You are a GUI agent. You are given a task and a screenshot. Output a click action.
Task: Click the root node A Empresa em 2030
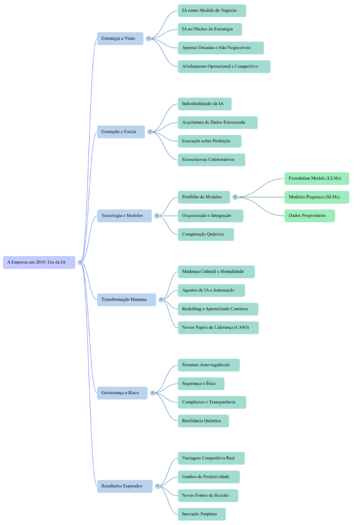click(x=39, y=262)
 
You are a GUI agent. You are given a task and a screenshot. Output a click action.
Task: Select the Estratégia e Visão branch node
click(x=120, y=38)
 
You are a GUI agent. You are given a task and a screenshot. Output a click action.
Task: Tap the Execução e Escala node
click(x=121, y=132)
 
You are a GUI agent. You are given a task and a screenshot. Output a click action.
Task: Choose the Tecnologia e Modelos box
click(x=125, y=215)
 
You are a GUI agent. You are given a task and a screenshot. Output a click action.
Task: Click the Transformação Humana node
click(x=126, y=299)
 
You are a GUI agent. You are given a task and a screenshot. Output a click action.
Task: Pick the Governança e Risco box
click(x=122, y=393)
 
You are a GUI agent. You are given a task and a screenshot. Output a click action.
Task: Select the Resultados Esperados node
click(x=125, y=486)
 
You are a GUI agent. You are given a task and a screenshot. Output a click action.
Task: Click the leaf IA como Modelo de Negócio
click(x=212, y=11)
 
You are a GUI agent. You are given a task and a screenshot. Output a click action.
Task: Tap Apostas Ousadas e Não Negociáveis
click(x=221, y=48)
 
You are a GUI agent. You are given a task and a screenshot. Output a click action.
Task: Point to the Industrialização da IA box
click(x=204, y=104)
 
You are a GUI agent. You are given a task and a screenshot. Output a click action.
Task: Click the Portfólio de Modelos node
click(x=204, y=197)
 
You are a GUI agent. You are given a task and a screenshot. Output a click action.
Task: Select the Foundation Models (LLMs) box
click(x=316, y=178)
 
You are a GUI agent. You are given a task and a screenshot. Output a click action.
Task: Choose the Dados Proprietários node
click(x=309, y=216)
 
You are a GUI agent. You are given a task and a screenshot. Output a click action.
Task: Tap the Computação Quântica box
click(x=206, y=234)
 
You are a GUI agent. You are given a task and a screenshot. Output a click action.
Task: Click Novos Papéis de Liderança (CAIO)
click(x=218, y=328)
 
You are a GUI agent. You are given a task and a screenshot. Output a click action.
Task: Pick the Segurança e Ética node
click(x=201, y=383)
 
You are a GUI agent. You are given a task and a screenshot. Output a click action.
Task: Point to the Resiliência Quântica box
click(x=203, y=421)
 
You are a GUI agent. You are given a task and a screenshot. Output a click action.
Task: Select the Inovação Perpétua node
click(x=202, y=514)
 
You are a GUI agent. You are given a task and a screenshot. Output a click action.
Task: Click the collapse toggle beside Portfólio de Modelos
click(x=235, y=197)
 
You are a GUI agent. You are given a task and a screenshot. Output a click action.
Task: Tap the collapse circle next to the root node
click(x=80, y=262)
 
